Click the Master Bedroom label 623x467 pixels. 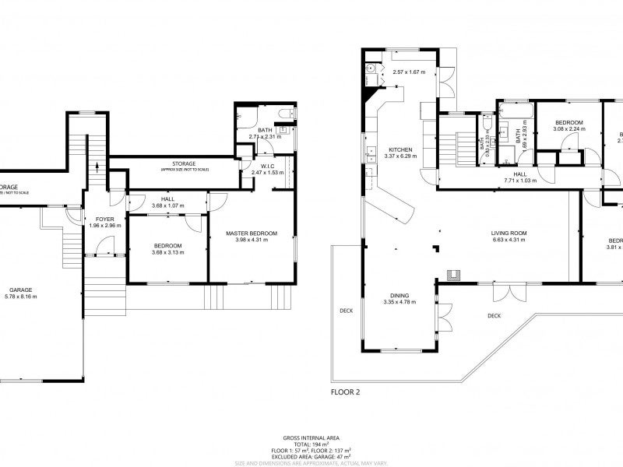pos(251,233)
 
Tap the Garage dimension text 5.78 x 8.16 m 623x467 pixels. pos(20,297)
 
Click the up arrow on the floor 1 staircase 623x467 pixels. pos(97,165)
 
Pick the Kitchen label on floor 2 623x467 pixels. pos(400,149)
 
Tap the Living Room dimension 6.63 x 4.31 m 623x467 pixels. pos(509,240)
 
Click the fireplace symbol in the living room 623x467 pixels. pos(452,273)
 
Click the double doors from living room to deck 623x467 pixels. pos(505,294)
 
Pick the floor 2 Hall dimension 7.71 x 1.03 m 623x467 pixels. pos(521,181)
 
